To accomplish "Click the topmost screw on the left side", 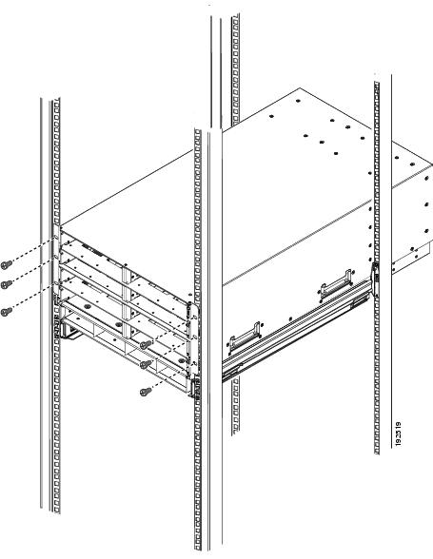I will pyautogui.click(x=7, y=263).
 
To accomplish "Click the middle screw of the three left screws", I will pyautogui.click(x=7, y=283).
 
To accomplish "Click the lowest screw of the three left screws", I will pyautogui.click(x=7, y=310).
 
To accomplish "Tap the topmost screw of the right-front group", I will pyautogui.click(x=143, y=344).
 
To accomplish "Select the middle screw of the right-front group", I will pyautogui.click(x=143, y=363).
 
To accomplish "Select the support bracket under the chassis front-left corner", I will pyautogui.click(x=68, y=331).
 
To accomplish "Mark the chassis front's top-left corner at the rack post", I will pyautogui.click(x=60, y=228).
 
